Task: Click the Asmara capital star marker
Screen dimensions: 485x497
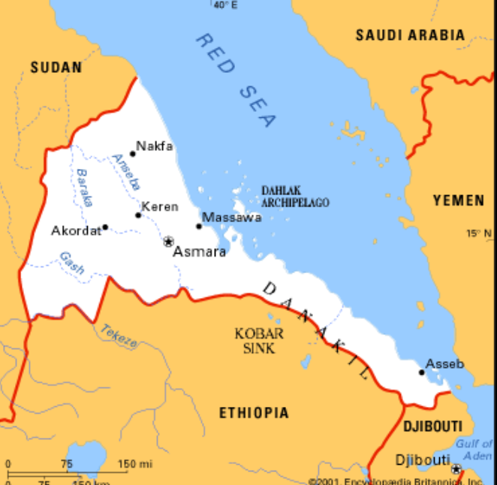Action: pos(168,241)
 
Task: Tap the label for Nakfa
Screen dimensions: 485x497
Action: pos(154,146)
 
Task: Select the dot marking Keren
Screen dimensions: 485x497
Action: pos(138,215)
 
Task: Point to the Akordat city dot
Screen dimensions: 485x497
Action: pos(105,227)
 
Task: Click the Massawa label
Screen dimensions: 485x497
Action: pos(233,218)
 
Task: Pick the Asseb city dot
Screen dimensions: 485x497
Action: pos(421,372)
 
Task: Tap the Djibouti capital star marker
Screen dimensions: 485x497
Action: pos(456,469)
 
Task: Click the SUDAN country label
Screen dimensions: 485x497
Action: pos(56,68)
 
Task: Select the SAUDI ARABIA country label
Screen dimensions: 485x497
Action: pos(409,35)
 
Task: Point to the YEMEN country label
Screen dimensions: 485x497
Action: pos(458,200)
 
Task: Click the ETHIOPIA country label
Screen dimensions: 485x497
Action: pos(254,413)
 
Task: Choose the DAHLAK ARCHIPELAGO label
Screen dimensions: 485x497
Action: pos(295,197)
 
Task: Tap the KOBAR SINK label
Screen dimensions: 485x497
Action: pos(259,340)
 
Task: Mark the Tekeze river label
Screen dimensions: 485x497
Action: pos(119,337)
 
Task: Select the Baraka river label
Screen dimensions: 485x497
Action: pos(83,188)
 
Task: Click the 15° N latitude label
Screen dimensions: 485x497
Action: pos(478,233)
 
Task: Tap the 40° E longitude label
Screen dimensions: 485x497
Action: pos(224,5)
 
